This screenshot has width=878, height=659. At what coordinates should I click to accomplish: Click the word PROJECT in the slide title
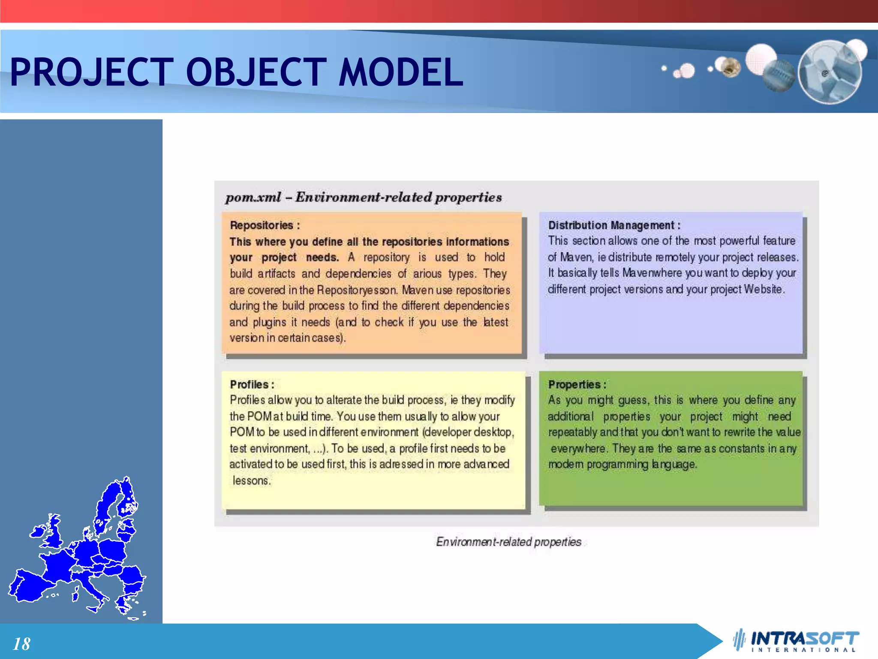[91, 72]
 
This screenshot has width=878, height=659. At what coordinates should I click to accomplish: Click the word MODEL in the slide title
[400, 72]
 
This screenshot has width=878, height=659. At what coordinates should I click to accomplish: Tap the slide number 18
[21, 644]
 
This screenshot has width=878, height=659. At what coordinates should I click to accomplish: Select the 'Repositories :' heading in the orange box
[265, 225]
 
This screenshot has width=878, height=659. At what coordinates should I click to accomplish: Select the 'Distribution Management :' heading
[613, 225]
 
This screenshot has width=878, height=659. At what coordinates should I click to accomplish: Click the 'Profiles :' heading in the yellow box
[252, 384]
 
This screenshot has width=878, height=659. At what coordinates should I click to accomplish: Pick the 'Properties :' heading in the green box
[577, 384]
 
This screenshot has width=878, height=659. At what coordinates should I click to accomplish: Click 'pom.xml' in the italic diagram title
[253, 197]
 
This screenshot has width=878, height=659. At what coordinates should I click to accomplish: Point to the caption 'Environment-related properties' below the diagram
[508, 542]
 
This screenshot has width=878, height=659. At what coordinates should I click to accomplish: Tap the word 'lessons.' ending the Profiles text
[252, 481]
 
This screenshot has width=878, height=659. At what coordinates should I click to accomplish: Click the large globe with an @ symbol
[830, 72]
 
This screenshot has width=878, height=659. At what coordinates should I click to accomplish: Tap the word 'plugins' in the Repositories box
[269, 322]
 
